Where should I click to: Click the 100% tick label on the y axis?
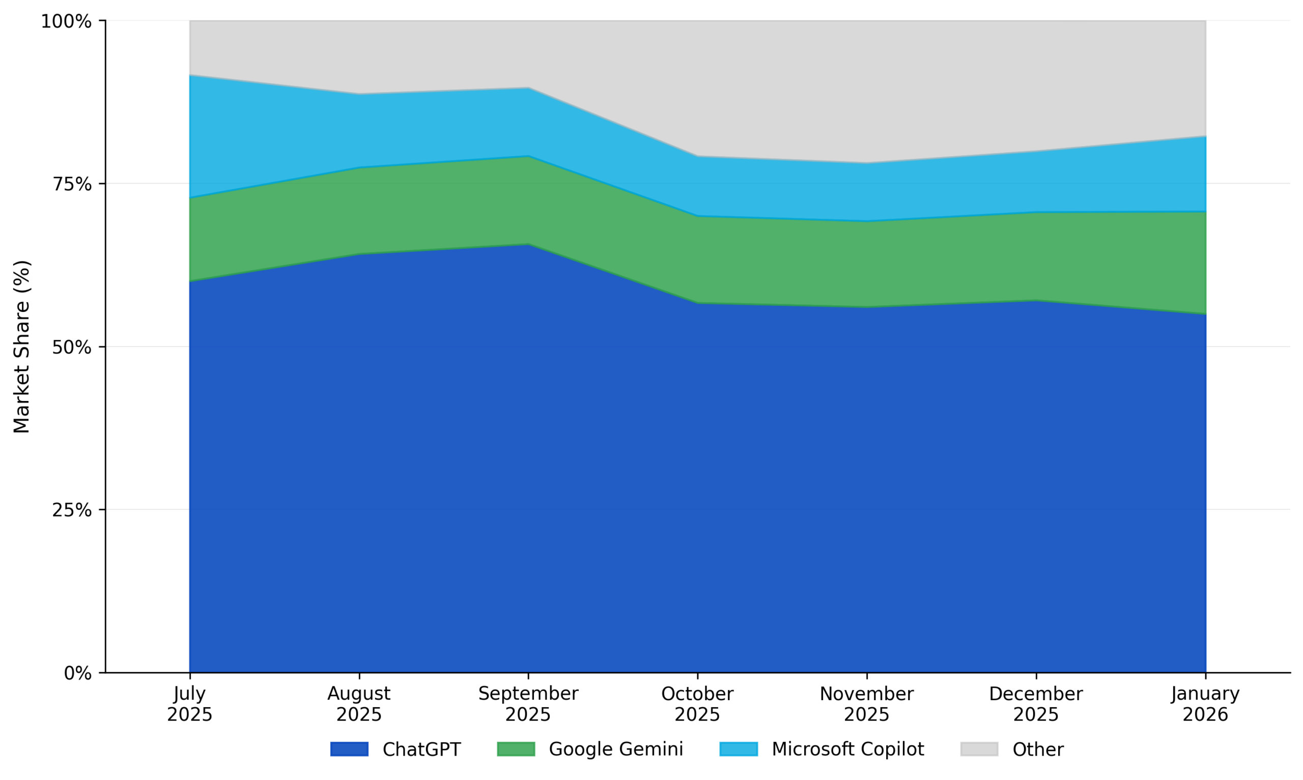pos(66,21)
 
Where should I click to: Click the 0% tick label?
pos(78,673)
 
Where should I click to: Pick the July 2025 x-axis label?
pos(190,704)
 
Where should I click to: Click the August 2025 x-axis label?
pos(359,704)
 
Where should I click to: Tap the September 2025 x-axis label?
pos(528,704)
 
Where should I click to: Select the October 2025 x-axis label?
pos(697,704)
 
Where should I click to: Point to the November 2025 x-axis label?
pos(867,704)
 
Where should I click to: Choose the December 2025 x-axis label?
pos(1036,704)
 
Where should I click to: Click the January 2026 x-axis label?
pos(1205,704)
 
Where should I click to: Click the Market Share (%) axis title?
pos(21,347)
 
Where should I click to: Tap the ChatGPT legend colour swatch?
pos(349,749)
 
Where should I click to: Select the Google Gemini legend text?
pos(616,749)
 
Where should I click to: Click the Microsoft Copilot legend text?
pos(848,749)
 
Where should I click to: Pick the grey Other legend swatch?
pos(979,749)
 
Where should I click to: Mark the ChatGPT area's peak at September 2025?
pos(528,244)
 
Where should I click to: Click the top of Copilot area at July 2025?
pos(190,75)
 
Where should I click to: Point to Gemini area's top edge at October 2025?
pos(697,216)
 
